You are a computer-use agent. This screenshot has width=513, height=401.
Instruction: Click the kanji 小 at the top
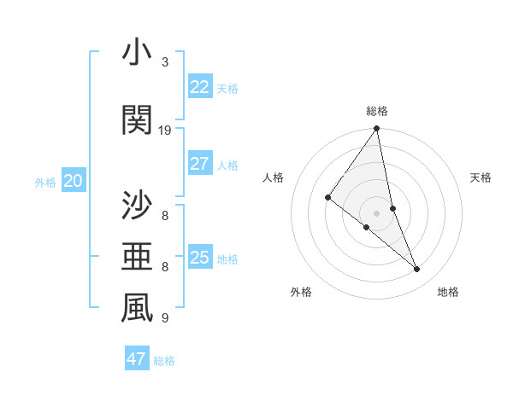137,53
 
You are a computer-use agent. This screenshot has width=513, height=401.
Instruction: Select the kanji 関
137,120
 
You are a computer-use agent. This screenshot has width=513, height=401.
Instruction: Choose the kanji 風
137,309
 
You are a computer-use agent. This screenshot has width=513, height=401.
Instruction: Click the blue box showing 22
199,87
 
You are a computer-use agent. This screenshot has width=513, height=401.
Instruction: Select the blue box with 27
199,164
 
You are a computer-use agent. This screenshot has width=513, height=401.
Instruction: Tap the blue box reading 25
199,258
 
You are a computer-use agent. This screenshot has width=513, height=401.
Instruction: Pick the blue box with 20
74,181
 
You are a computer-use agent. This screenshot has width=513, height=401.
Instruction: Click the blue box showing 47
137,359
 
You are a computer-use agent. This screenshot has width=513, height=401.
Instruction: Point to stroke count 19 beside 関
165,131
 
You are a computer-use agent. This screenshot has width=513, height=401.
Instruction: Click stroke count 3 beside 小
165,62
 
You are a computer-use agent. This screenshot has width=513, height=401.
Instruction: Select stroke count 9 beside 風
165,318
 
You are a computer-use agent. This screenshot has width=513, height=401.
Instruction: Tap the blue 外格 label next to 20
45,182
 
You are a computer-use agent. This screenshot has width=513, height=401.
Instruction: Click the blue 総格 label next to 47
164,360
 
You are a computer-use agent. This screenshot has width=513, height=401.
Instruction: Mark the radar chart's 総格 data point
376,129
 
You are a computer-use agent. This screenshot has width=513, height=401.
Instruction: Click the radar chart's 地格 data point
417,270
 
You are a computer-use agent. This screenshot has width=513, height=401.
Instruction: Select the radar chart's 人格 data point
327,198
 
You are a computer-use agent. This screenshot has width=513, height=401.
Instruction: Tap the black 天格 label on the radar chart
481,177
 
